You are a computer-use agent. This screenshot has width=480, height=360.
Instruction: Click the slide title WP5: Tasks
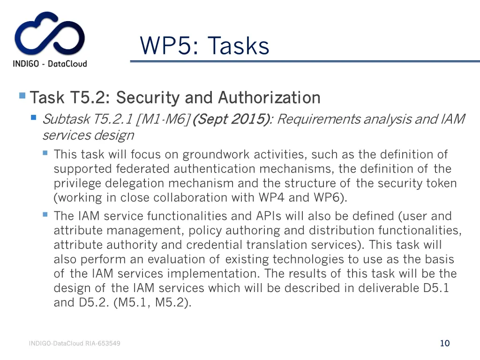[204, 46]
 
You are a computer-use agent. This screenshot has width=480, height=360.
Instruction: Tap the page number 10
[445, 343]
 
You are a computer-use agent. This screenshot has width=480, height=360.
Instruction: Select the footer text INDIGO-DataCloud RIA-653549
[75, 344]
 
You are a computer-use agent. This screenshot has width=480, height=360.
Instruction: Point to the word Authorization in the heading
[269, 97]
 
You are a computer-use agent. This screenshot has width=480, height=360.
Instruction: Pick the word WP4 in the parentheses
[272, 197]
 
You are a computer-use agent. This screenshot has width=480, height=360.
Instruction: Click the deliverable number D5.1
[436, 288]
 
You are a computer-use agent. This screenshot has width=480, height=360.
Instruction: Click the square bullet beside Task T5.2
[22, 96]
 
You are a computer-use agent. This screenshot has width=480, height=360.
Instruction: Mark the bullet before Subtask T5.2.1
[33, 118]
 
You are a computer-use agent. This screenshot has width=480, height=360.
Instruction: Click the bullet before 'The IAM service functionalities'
[45, 214]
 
